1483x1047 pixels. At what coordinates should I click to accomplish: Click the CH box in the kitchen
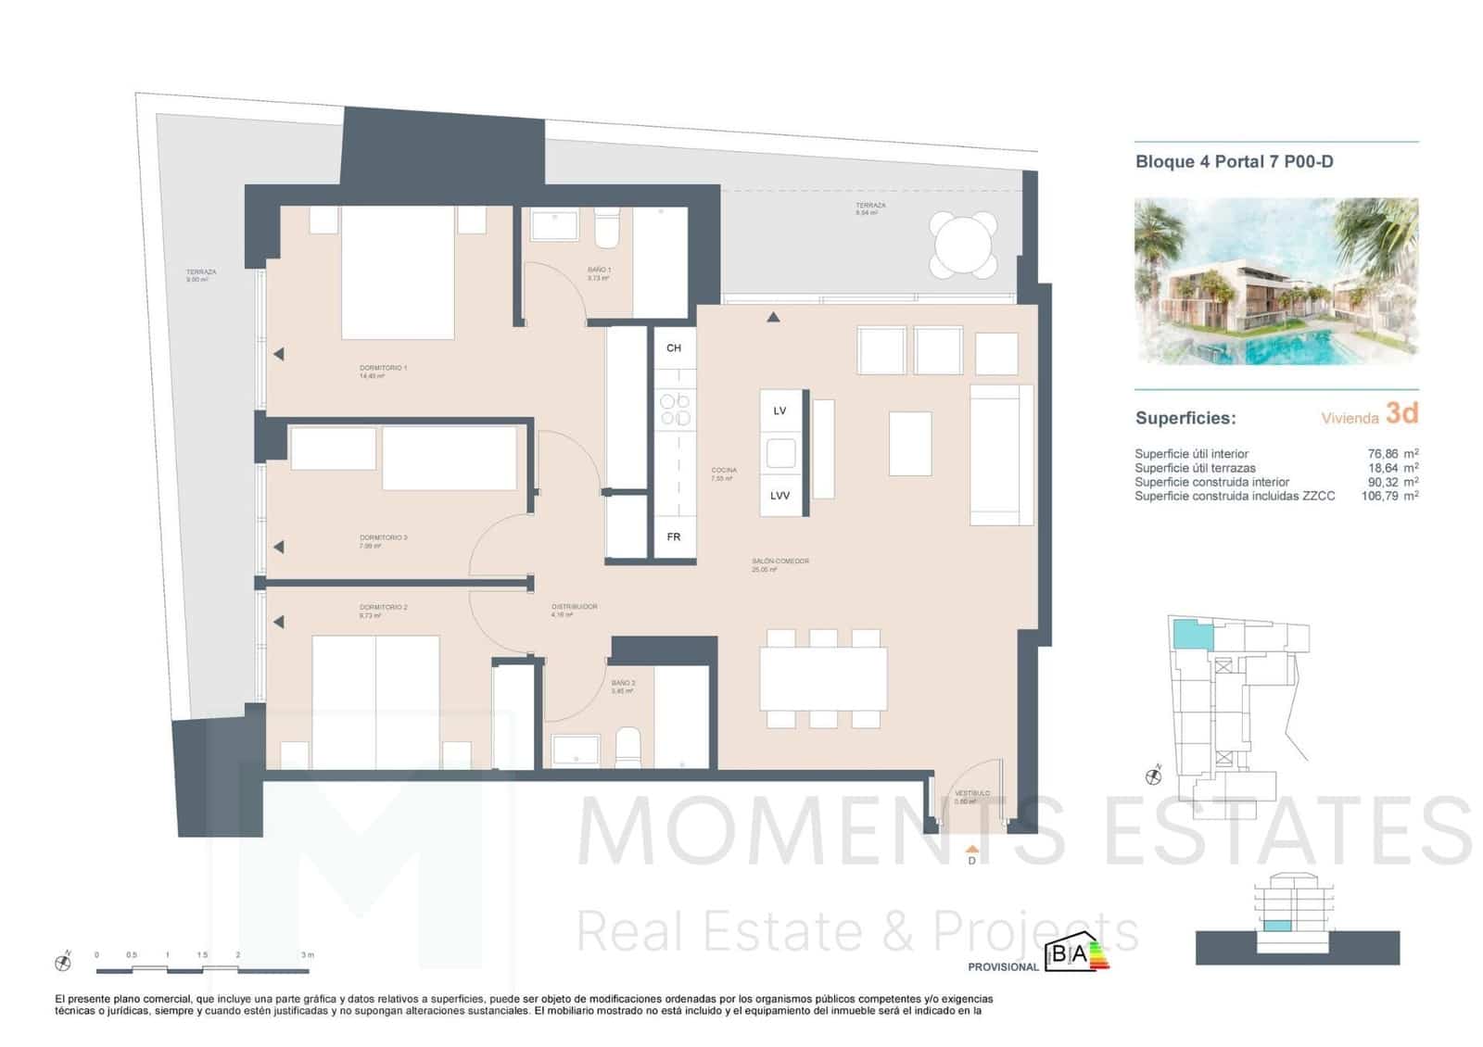(674, 348)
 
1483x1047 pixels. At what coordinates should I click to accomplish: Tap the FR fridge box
(674, 536)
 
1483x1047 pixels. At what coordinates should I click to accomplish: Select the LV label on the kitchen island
(780, 410)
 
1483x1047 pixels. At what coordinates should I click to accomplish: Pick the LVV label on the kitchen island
(780, 496)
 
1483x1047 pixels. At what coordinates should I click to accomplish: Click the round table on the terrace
(964, 246)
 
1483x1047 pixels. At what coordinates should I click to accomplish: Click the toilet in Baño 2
(627, 747)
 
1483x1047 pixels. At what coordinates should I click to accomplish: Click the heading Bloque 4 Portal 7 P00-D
(1234, 162)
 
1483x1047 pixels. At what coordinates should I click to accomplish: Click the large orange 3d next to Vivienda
(1401, 413)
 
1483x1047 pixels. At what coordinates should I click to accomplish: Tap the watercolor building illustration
(1276, 281)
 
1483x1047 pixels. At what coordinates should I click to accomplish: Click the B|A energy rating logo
(1075, 955)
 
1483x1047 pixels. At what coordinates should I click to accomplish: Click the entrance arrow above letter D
(971, 848)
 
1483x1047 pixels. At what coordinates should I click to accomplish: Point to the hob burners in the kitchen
(674, 410)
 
